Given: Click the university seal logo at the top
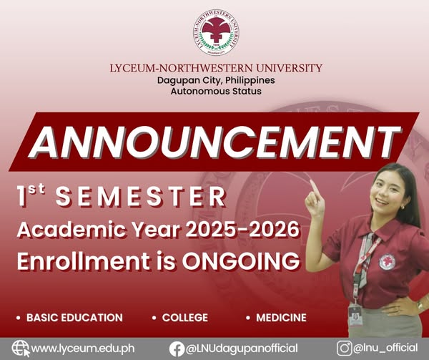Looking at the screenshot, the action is click(216, 33).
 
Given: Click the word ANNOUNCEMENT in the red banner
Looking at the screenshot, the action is click(214, 142).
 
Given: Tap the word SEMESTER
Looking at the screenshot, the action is click(141, 196).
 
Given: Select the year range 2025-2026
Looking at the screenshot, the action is click(242, 230).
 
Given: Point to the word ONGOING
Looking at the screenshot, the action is click(241, 261).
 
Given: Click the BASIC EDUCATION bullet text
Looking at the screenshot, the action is click(74, 318).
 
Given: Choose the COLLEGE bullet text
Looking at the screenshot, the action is click(185, 318).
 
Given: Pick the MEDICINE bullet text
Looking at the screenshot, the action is click(281, 318).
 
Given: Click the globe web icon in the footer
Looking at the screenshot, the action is click(21, 349).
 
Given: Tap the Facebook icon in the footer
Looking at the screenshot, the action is click(177, 349).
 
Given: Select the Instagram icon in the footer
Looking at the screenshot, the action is click(344, 349).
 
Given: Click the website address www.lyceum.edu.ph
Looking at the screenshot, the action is click(83, 349).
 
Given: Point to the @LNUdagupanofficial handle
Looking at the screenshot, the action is click(242, 349).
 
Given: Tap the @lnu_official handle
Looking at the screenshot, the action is click(385, 348).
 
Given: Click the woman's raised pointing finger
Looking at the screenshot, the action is click(315, 188).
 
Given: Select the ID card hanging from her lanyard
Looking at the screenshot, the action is click(355, 316).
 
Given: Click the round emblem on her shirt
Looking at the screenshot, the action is click(387, 262).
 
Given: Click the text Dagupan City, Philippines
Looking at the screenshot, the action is click(216, 80).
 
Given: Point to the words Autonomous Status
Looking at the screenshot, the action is click(216, 91).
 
